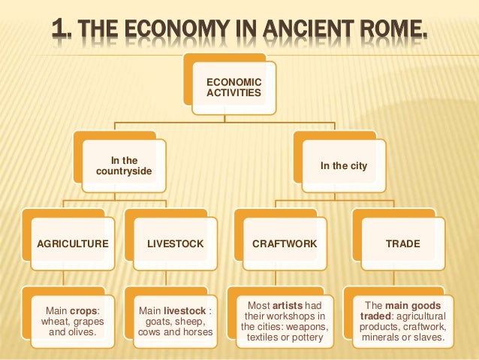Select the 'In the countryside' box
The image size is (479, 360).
124,165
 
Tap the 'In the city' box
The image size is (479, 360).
343,165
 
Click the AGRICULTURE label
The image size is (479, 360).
72,244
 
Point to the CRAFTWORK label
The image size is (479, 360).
285,244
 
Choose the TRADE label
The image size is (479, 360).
402,244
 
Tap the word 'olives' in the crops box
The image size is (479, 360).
89,331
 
